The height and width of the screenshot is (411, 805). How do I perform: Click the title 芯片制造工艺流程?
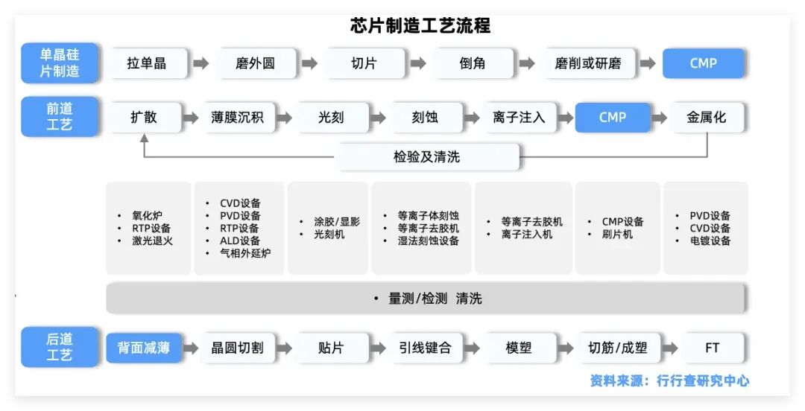tap(420, 25)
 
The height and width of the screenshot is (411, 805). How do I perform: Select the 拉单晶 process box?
tap(147, 63)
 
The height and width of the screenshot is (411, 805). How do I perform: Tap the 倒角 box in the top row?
tap(473, 63)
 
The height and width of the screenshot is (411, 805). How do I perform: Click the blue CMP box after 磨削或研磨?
tap(704, 63)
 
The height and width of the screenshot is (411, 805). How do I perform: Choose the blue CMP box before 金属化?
tap(613, 118)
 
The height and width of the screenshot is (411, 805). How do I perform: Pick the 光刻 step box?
tap(331, 118)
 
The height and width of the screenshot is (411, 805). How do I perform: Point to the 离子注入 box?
tap(519, 118)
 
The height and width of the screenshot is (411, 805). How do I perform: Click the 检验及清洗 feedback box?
tap(426, 156)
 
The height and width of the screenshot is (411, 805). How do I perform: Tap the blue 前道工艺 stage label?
tap(60, 116)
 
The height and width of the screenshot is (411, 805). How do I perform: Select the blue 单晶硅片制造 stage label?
tap(60, 63)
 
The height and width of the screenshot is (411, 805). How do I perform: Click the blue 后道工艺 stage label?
tap(60, 347)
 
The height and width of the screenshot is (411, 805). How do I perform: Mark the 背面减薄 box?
tap(144, 348)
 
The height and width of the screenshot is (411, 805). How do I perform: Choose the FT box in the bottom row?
tap(712, 348)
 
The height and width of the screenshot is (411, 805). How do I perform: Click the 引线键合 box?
tap(425, 348)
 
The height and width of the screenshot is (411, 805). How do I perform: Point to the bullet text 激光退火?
tap(153, 240)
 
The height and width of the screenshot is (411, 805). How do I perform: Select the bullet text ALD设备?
tap(240, 240)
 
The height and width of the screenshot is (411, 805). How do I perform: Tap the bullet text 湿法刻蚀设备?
tap(428, 240)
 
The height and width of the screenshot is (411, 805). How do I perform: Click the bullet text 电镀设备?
tap(710, 240)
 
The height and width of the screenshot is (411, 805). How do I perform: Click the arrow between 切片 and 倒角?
tap(418, 63)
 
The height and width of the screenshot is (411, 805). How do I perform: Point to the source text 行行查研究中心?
tap(703, 380)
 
